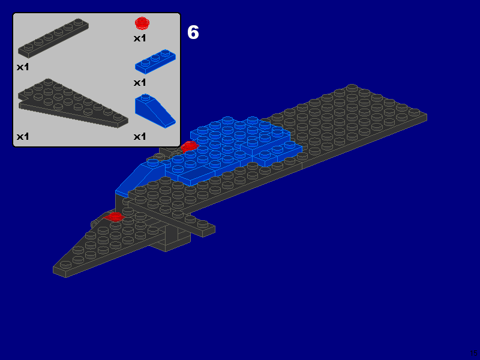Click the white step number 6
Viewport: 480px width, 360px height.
(x=193, y=32)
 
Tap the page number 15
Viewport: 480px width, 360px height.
(x=474, y=353)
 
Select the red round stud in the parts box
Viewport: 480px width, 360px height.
(x=142, y=23)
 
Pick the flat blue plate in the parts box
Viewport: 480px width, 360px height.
(x=155, y=61)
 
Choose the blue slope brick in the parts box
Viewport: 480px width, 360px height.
(x=154, y=112)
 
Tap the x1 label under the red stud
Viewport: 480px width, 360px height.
(x=140, y=38)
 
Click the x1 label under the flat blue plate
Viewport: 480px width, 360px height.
(x=140, y=82)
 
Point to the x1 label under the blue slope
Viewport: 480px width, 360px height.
(x=140, y=136)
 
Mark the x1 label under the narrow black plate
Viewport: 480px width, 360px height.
(x=23, y=67)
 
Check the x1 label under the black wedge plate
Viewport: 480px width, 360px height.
(x=23, y=136)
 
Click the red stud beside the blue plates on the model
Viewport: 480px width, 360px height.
(x=190, y=146)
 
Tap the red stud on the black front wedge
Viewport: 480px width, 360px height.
(x=115, y=216)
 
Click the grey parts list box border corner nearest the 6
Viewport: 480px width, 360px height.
(x=179, y=14)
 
